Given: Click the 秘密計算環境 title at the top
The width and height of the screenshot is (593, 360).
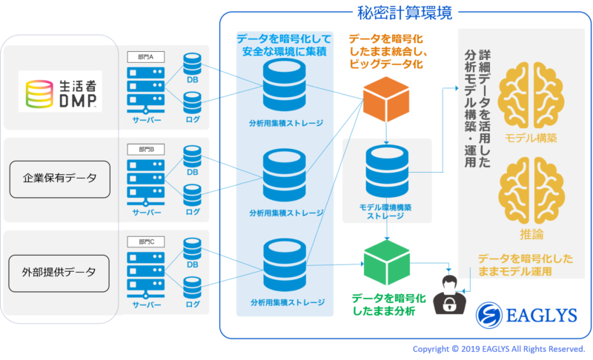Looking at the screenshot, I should coord(405,13).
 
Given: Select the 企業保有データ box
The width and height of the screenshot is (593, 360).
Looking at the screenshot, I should coord(60,179).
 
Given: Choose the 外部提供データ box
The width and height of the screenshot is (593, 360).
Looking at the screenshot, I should coord(60,272).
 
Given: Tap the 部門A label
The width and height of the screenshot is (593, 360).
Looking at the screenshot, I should coord(140,56).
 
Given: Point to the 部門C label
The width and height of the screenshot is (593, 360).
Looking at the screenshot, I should coord(140,241).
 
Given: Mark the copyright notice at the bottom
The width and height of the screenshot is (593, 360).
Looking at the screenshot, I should coord(499,348).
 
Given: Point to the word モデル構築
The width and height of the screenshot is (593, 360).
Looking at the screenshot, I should coord(530,138).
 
